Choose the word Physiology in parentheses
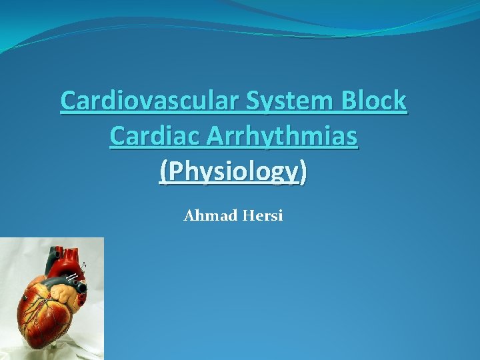point(233,172)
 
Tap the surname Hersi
point(264,216)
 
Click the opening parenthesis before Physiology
point(163,172)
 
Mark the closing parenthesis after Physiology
point(304,172)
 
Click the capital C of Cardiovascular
point(67,101)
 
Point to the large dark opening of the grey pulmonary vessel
point(83,288)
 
